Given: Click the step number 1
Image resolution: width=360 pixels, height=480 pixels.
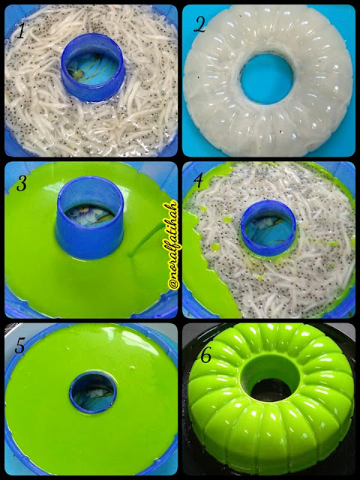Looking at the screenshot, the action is [20, 31].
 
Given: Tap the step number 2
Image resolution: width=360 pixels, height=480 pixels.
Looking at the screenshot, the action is [199, 25].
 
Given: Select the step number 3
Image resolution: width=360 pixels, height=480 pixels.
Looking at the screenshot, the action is [22, 184].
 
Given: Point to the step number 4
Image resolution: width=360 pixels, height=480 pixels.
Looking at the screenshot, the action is [198, 181].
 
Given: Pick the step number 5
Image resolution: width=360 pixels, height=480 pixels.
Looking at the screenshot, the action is [19, 346].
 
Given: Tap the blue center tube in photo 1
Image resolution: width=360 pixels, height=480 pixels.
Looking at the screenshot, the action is [93, 67].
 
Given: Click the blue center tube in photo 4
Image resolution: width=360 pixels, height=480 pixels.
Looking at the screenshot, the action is [268, 228].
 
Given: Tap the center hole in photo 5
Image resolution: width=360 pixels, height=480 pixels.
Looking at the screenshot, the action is [93, 392].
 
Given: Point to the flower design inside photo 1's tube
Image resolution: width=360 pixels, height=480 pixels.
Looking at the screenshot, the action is [89, 71].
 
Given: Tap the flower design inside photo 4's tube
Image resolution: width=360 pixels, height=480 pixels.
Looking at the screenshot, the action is [267, 228].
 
